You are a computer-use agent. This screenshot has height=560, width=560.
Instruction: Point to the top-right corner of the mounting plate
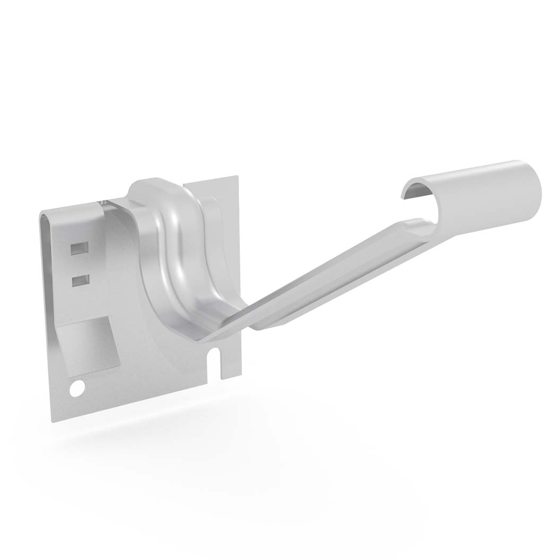click(237, 177)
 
